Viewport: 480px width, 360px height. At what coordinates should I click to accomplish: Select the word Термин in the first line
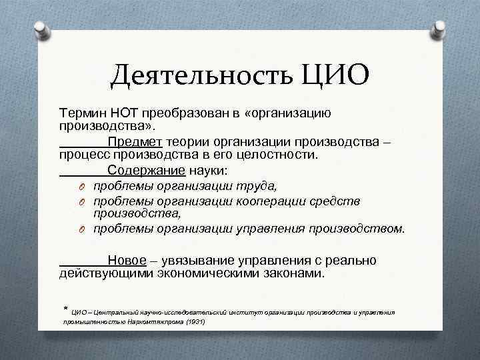point(82,114)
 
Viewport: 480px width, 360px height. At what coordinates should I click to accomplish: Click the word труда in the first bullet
point(259,185)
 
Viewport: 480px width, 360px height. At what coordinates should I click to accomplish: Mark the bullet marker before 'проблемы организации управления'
point(81,230)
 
